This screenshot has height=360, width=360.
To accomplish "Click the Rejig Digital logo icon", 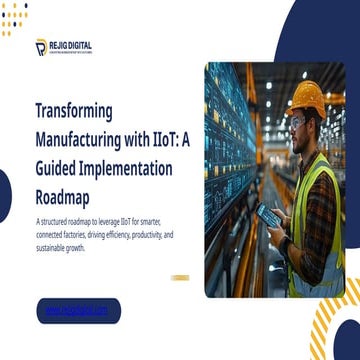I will click(40, 48).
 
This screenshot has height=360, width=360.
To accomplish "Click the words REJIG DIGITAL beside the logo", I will click(70, 44).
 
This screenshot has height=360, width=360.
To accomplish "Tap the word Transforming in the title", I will click(74, 110).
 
